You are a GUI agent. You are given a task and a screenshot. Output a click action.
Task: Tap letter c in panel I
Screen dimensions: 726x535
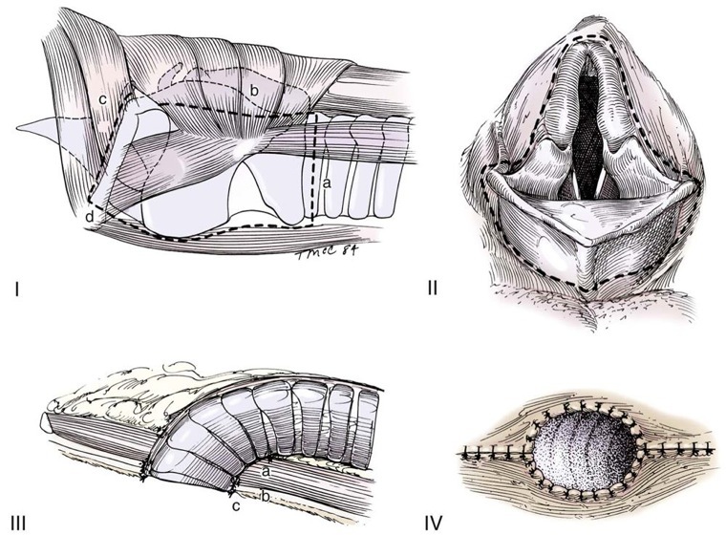pos(101,98)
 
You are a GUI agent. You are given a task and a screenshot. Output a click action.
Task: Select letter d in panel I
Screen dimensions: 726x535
pos(89,219)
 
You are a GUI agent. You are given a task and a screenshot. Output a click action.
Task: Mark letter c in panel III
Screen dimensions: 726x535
pos(235,504)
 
